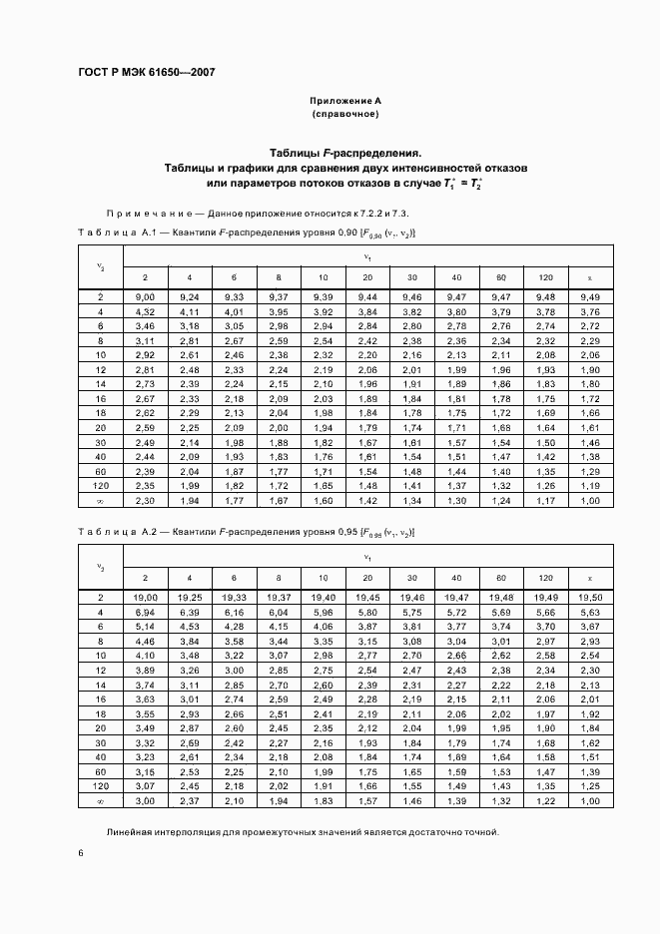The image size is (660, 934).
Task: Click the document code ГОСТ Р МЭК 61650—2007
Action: tap(146, 73)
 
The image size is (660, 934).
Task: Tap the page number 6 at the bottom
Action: tap(81, 852)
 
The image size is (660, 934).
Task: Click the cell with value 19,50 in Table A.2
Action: tap(590, 597)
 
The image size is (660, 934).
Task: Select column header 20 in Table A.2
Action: tap(368, 577)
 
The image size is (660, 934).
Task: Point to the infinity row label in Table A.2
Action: tap(101, 800)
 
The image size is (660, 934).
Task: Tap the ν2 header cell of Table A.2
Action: tap(101, 567)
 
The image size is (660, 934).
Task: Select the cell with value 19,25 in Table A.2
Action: tap(189, 597)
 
